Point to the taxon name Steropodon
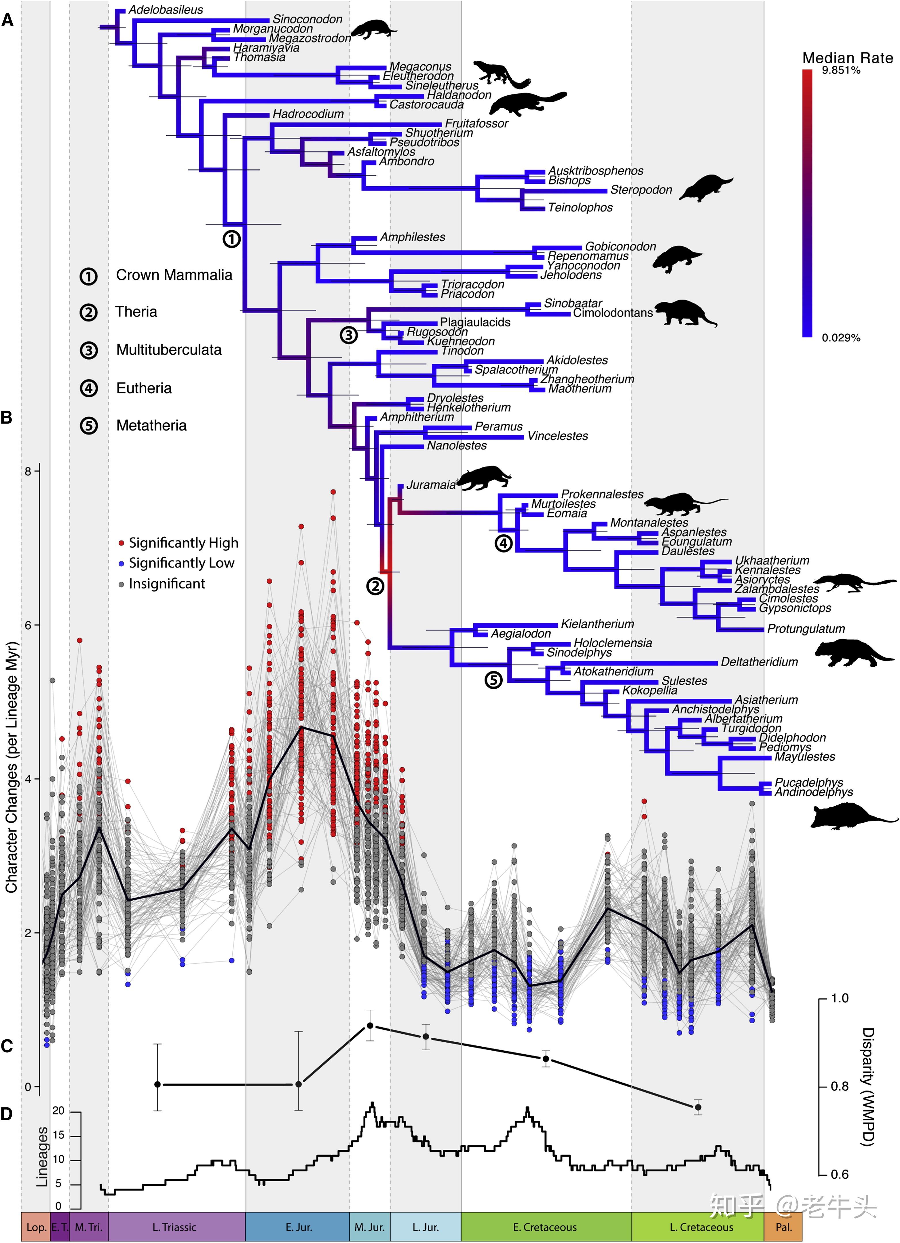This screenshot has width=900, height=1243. (x=641, y=190)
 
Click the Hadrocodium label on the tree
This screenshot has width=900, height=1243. (x=308, y=114)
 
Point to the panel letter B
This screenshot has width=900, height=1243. (x=7, y=418)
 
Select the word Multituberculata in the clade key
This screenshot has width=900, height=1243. (x=169, y=350)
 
